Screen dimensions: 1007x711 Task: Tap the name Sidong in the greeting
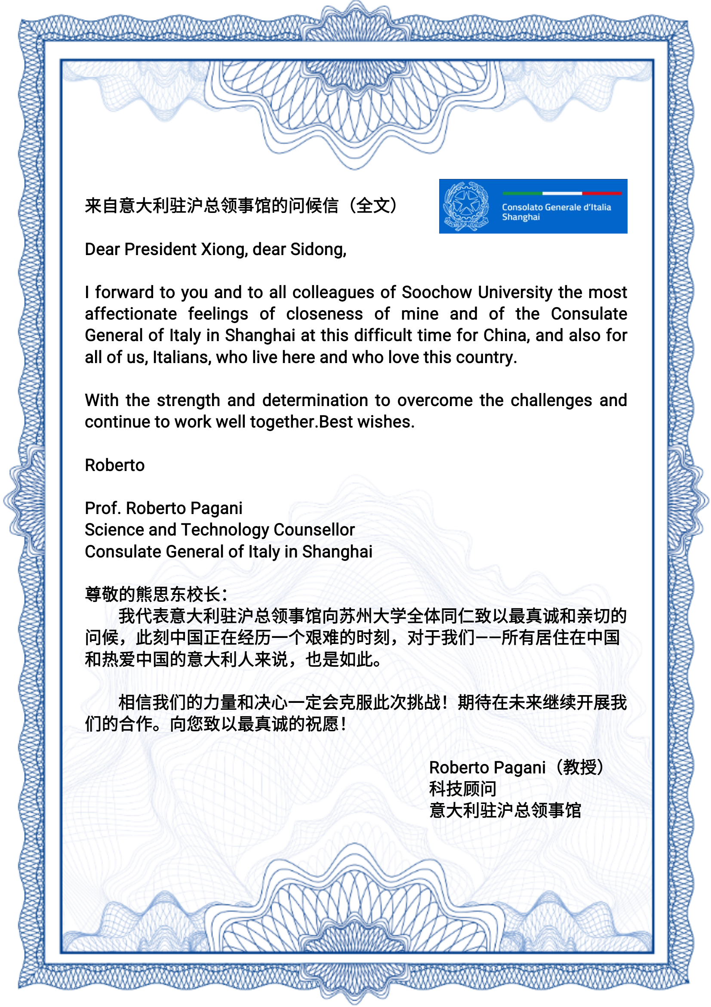point(317,249)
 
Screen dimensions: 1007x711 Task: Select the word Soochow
point(437,292)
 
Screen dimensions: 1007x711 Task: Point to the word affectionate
point(131,314)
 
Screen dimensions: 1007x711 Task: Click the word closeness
point(325,314)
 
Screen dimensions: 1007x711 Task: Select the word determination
point(315,400)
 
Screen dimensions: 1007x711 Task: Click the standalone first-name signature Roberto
point(114,465)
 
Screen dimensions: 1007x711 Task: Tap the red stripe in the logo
point(601,193)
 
